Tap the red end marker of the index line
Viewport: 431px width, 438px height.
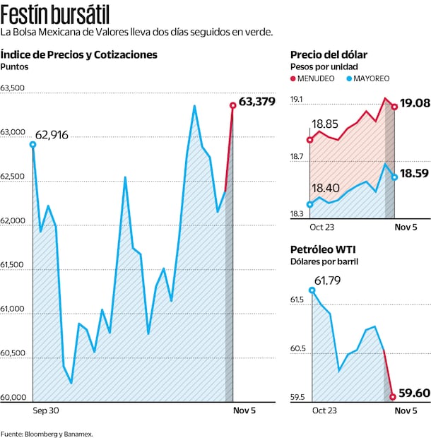point(232,105)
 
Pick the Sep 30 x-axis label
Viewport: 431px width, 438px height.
point(45,410)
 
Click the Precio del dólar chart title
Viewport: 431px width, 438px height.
point(329,55)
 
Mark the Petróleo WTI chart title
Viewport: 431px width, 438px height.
point(324,249)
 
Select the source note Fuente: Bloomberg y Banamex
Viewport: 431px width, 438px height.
point(47,433)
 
